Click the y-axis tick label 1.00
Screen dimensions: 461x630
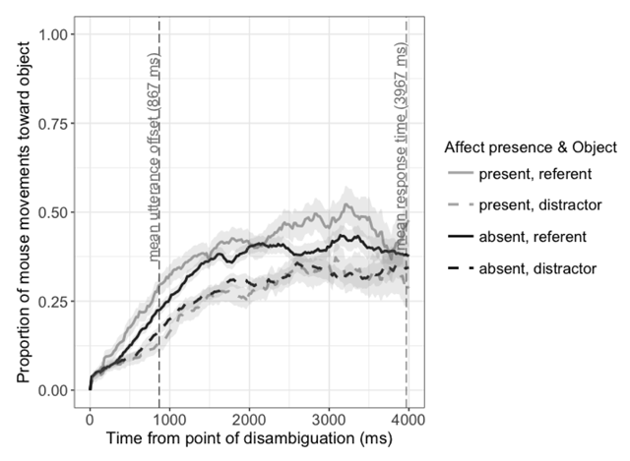[57, 34]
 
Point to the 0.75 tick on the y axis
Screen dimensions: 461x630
[57, 124]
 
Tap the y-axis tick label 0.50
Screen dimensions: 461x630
[57, 212]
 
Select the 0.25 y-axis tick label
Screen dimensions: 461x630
[57, 302]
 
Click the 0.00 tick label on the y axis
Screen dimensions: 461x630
[57, 390]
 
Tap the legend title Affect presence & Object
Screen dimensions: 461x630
[531, 148]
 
